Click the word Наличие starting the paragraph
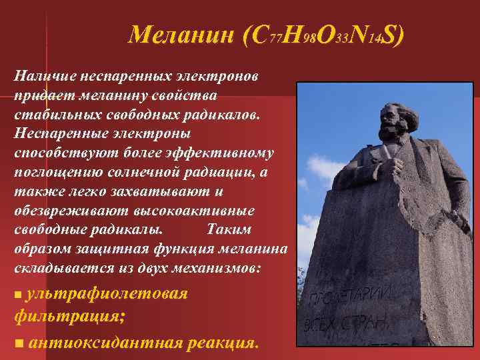tap(42, 75)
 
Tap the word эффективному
tap(226, 153)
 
